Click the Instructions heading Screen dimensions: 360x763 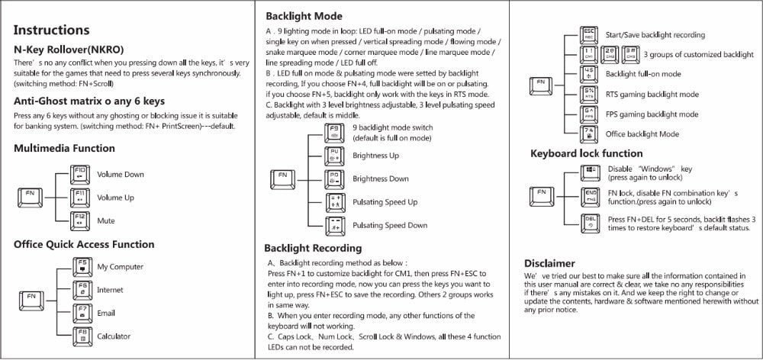[52, 31]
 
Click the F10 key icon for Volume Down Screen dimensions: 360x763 [79, 174]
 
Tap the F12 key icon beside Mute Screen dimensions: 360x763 [79, 220]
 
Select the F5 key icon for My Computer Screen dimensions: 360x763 [79, 266]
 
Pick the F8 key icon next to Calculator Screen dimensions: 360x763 [79, 336]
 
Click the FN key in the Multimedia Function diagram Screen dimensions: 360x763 [29, 197]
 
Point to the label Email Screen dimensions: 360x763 [106, 313]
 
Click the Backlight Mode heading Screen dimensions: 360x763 [304, 16]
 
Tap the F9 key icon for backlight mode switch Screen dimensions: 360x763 [333, 133]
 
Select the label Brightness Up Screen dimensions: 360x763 [375, 156]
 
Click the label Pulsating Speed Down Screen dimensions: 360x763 [390, 226]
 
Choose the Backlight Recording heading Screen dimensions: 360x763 [313, 248]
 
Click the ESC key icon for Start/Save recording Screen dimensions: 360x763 [588, 34]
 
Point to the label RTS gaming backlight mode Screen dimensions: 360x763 [652, 95]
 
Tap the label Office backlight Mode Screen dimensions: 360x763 [642, 133]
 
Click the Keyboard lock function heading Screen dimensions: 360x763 [586, 153]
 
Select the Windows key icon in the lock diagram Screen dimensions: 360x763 [588, 172]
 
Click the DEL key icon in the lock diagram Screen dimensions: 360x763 [588, 222]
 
